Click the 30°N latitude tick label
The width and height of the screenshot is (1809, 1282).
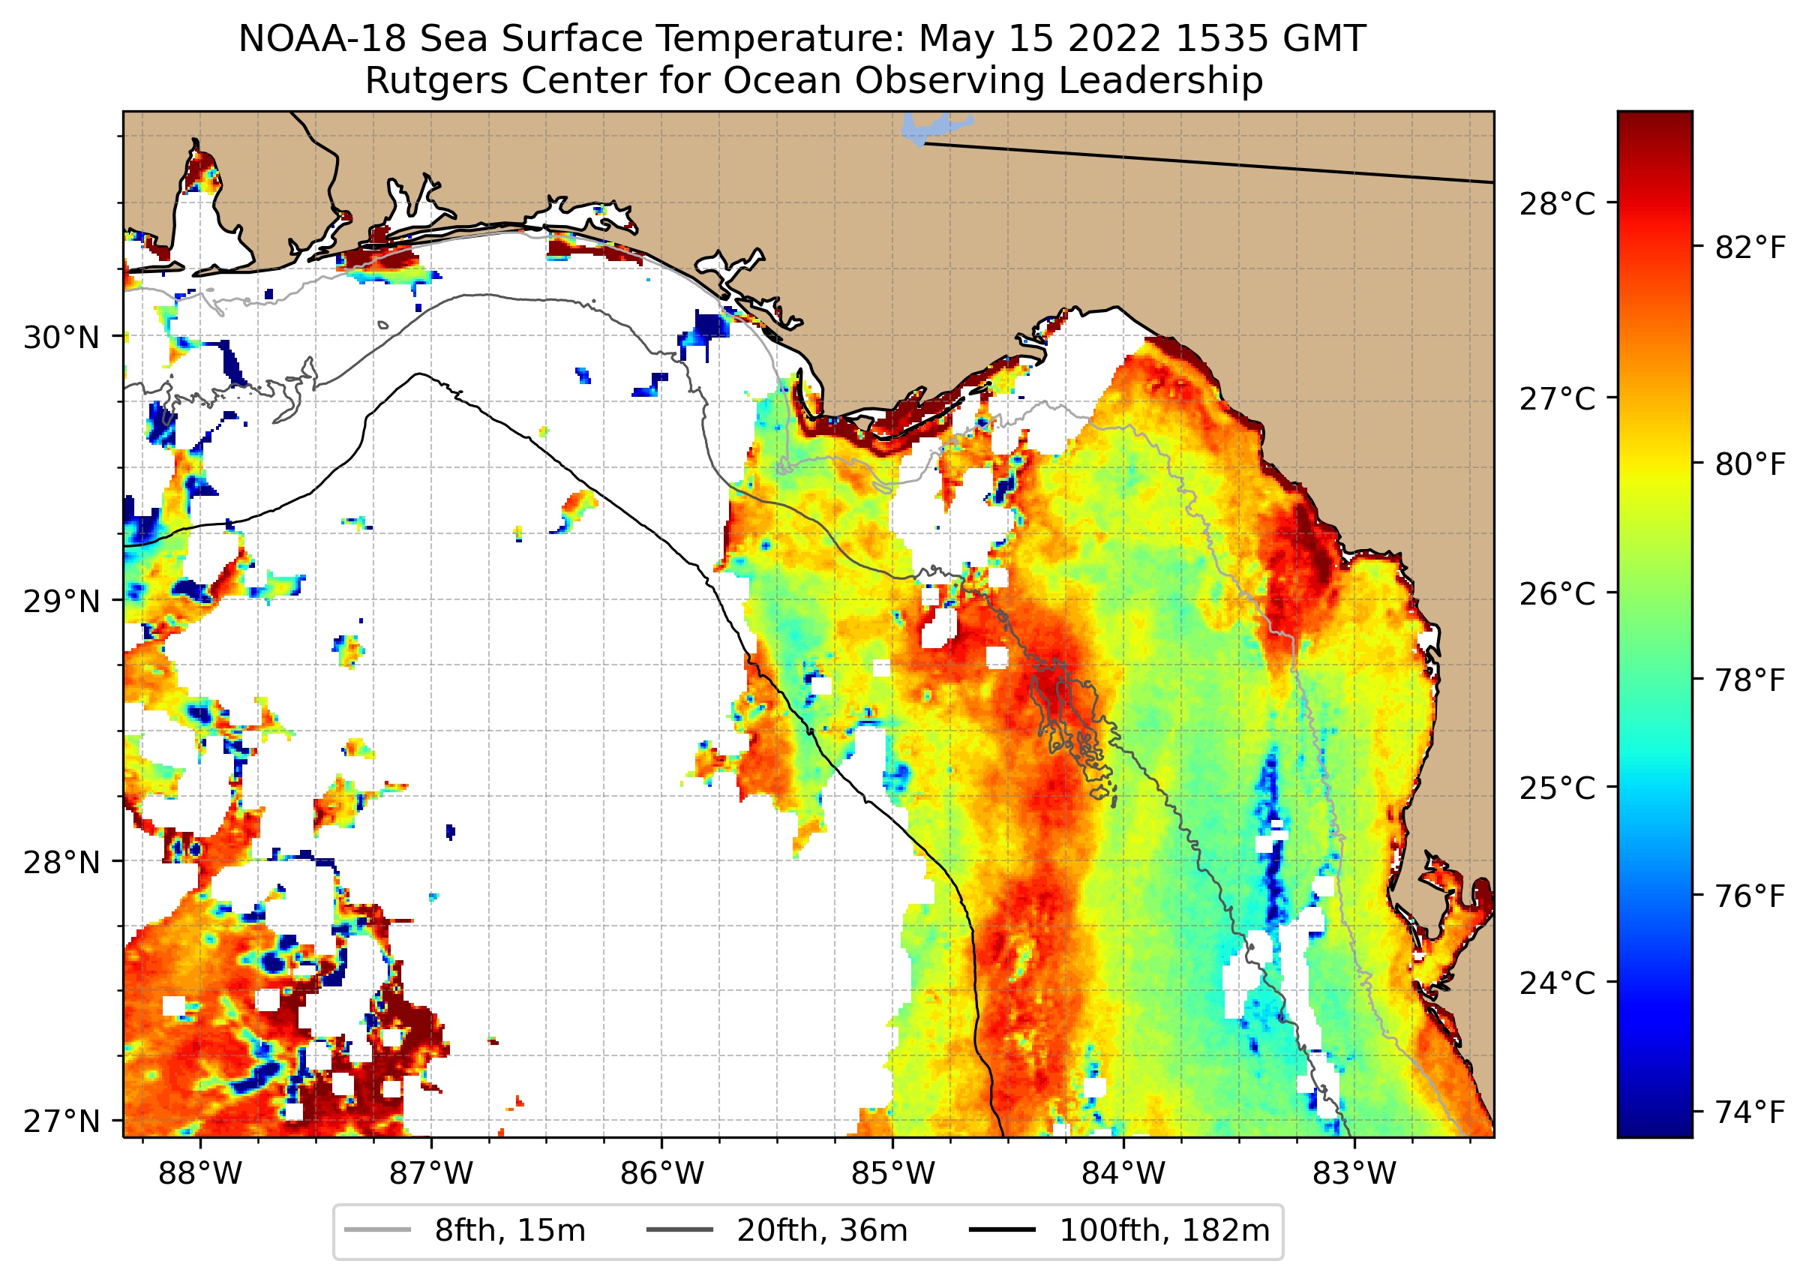[x=61, y=338]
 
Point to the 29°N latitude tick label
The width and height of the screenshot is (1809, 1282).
[x=61, y=602]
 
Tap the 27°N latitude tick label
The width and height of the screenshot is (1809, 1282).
[x=61, y=1121]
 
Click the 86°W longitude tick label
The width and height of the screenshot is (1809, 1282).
[x=661, y=1174]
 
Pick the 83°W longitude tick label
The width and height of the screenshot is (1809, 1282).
[x=1354, y=1174]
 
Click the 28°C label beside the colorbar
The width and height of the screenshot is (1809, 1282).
[x=1557, y=204]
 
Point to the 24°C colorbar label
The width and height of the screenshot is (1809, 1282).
[x=1557, y=983]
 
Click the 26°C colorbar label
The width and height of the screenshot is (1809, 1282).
[x=1557, y=593]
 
